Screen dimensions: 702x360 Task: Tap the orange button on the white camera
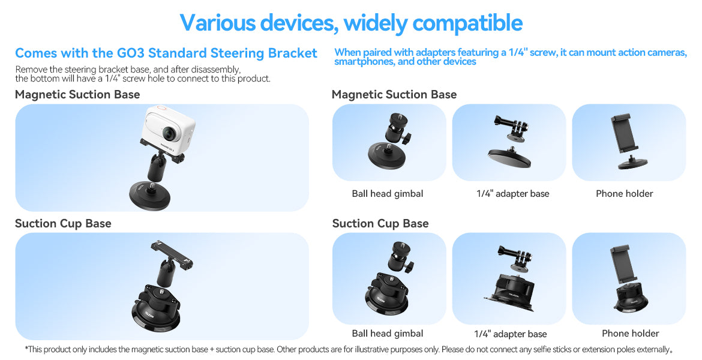coord(162,108)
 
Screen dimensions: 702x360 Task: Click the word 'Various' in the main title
coord(218,22)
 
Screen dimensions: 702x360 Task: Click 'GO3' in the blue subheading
coord(130,53)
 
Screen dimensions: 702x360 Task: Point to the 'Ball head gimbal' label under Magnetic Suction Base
coord(387,194)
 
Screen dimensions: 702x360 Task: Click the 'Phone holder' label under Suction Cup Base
coord(631,333)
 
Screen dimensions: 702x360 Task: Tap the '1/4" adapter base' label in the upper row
coord(512,194)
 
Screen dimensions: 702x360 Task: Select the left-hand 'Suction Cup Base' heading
coord(63,223)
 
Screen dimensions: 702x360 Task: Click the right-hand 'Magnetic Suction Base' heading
coord(394,94)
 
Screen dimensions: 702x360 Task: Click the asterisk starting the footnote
coord(26,349)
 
